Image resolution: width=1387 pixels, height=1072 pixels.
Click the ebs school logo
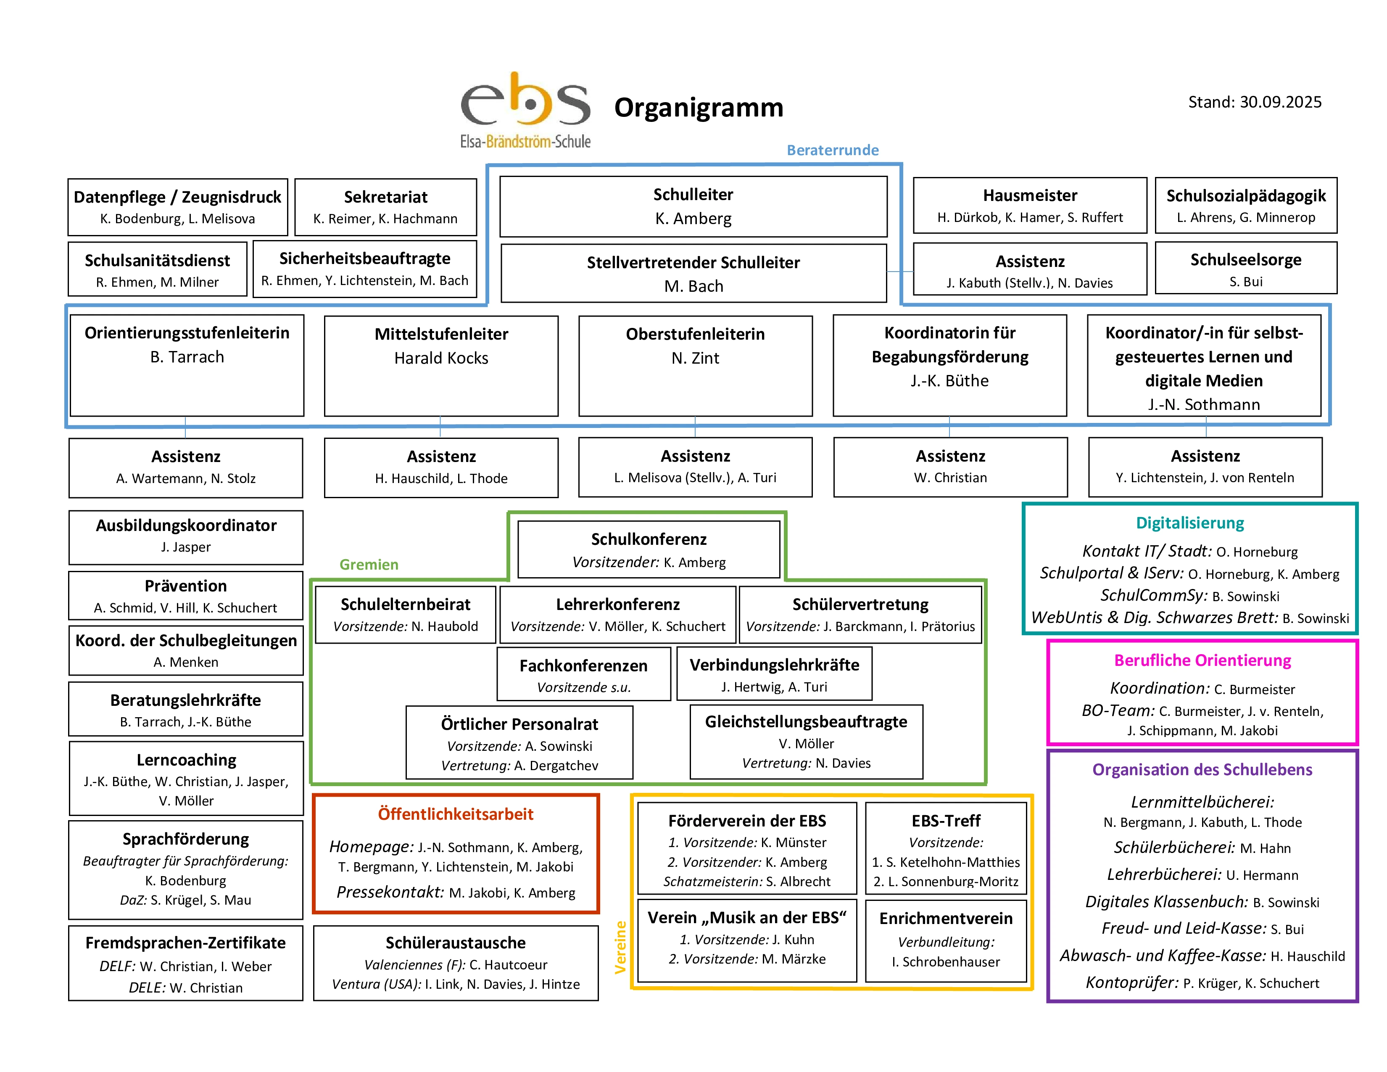tap(525, 110)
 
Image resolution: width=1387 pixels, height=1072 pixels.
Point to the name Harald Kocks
tap(441, 358)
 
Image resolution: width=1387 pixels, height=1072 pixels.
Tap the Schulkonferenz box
tap(649, 549)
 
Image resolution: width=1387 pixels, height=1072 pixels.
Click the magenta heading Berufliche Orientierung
tap(1202, 660)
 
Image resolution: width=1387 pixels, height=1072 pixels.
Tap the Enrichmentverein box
tap(946, 940)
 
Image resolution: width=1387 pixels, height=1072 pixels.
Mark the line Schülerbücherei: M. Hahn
tap(1202, 848)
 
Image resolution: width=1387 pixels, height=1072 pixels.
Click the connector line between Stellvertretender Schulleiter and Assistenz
tap(899, 272)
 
